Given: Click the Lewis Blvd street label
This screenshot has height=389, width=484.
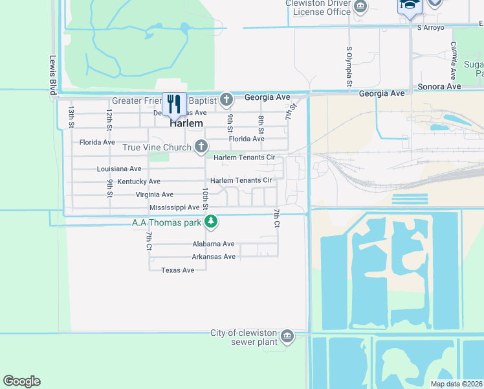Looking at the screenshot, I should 53,75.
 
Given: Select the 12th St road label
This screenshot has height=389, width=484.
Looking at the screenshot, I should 110,118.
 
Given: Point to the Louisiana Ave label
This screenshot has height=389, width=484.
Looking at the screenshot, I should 119,169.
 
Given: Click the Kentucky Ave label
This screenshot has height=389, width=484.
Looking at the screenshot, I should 139,182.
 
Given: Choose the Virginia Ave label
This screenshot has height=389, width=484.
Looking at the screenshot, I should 155,194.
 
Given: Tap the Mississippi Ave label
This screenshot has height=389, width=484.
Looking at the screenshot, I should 174,207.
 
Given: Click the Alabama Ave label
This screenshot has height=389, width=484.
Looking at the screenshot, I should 213,244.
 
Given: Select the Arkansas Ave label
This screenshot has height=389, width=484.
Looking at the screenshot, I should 214,257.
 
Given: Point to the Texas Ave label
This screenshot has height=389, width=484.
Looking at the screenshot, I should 177,270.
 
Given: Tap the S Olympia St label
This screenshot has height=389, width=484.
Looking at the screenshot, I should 349,66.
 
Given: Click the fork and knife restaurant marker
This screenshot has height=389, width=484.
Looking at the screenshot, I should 174,103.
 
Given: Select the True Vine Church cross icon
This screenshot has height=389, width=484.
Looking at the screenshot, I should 201,147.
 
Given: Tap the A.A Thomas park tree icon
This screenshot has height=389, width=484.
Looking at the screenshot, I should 211,222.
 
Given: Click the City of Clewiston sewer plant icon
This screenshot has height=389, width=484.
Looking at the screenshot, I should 287,336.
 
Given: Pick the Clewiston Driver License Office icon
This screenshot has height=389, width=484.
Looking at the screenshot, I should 360,6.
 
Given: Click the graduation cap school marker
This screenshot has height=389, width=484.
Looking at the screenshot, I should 409,5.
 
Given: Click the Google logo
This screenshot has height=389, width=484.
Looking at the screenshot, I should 21,381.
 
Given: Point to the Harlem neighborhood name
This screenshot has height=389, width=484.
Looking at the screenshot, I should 186,123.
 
